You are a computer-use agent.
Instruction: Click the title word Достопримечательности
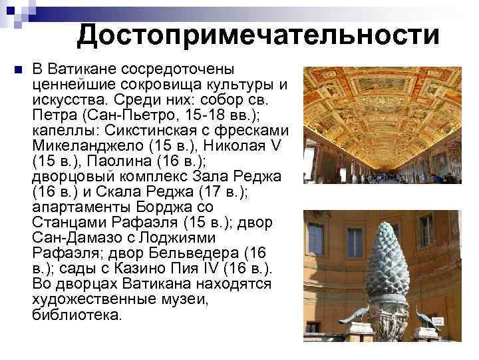(x=258, y=35)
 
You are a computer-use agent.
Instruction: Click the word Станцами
(x=65, y=223)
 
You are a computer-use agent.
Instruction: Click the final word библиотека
(x=77, y=315)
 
